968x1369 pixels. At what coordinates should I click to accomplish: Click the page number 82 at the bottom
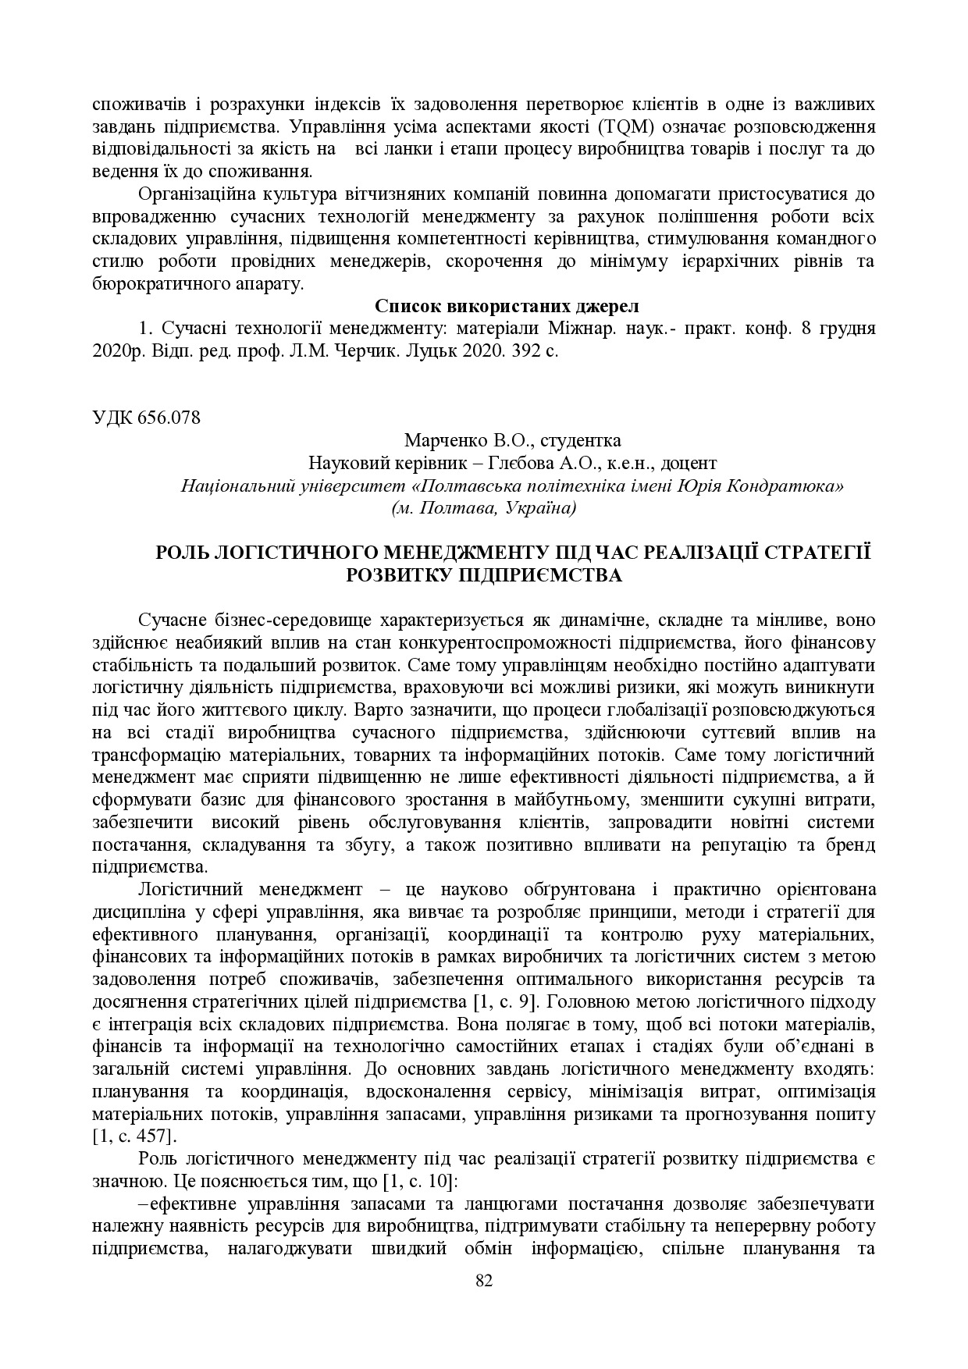point(484,1278)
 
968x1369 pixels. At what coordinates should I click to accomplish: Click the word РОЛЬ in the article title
point(183,553)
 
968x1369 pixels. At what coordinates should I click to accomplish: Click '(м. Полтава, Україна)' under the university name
point(484,508)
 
